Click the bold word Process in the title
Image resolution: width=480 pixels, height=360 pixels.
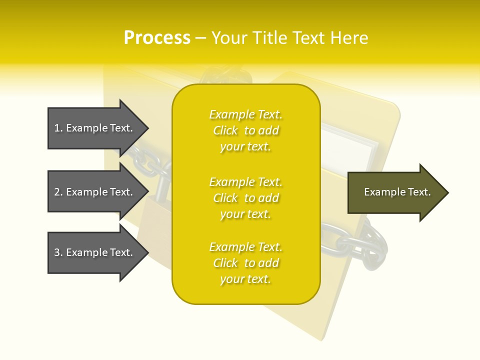point(157,38)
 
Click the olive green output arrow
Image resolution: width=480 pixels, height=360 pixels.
point(395,192)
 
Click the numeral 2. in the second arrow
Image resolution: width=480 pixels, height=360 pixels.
point(58,192)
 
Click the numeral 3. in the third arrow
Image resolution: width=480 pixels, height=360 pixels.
point(58,252)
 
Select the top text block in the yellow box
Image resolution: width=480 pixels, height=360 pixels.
point(246,130)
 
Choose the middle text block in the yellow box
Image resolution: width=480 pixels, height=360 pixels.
point(246,198)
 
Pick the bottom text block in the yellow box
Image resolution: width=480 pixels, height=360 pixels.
point(246,263)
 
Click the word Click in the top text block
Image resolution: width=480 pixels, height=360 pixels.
point(225,130)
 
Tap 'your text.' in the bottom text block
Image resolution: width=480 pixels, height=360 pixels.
point(245,279)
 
